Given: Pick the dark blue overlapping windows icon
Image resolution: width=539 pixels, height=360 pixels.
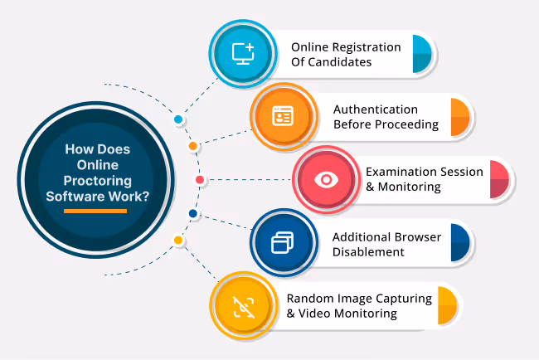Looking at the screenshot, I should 282,243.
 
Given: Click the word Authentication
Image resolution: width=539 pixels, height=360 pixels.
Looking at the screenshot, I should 376,109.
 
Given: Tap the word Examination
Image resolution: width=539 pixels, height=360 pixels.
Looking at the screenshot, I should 402,172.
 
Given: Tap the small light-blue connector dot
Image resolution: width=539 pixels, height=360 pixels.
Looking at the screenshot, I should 178,119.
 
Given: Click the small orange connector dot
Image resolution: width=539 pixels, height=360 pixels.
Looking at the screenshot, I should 192,147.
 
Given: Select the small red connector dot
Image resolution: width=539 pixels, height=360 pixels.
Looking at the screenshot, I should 199,180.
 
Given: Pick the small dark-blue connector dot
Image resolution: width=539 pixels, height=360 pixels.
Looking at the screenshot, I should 192,214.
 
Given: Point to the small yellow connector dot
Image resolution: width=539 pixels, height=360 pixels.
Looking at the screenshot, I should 177,241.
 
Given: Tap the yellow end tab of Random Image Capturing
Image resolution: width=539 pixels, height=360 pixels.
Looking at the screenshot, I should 447,305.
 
